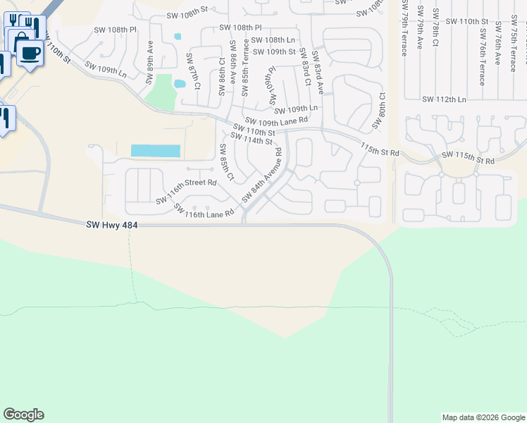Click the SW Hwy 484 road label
[x=112, y=225]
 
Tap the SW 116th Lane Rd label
[x=203, y=210]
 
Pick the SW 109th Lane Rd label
[x=276, y=121]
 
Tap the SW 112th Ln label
[x=444, y=99]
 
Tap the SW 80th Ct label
[x=380, y=109]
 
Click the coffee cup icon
[x=29, y=52]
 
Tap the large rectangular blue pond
[x=156, y=151]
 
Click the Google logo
[x=23, y=415]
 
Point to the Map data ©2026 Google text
[x=483, y=417]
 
